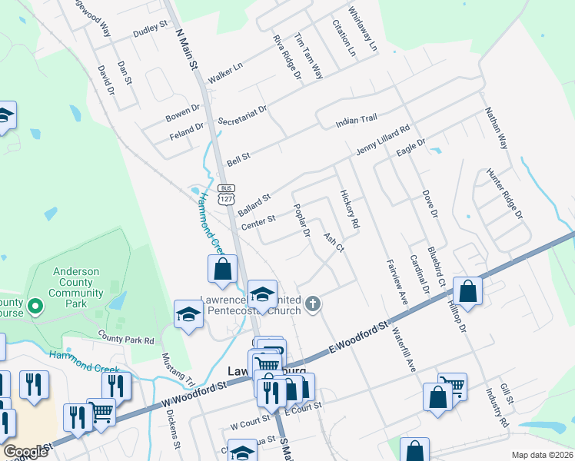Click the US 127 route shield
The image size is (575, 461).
tap(225, 194)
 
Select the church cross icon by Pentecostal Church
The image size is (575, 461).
tap(312, 304)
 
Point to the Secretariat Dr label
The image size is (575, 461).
tap(241, 115)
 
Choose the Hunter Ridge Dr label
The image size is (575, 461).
tap(504, 192)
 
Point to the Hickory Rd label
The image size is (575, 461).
tap(350, 209)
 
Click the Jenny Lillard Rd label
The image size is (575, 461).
tap(382, 141)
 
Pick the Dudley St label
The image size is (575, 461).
tap(150, 30)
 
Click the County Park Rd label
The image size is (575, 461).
tap(126, 337)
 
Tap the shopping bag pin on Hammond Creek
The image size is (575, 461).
tap(222, 269)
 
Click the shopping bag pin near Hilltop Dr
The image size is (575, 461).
tap(467, 291)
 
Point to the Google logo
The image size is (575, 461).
tap(26, 452)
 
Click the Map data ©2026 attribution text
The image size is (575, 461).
tap(541, 455)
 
